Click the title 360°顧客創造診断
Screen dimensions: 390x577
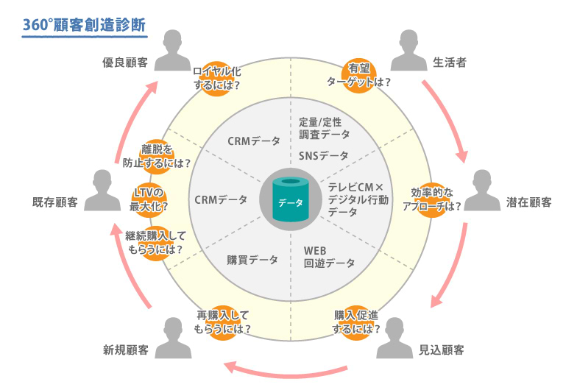[83, 24]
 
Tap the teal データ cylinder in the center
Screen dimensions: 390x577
[291, 199]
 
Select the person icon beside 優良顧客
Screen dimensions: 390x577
[172, 50]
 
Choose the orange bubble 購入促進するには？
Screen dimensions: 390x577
[355, 322]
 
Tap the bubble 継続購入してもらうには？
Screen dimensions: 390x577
[155, 242]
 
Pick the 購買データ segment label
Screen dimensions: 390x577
[252, 260]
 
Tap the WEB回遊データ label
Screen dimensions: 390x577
[329, 257]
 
